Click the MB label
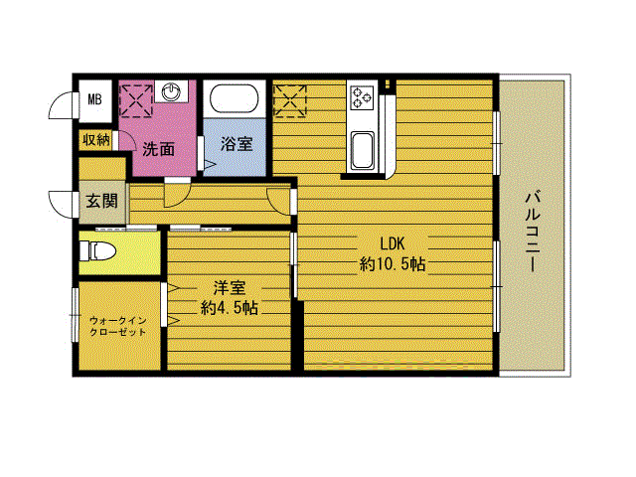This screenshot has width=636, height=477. (95, 99)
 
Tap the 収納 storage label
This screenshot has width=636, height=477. (96, 140)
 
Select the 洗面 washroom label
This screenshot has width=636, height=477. (158, 149)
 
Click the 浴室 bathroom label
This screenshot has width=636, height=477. (237, 144)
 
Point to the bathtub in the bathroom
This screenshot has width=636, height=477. (235, 98)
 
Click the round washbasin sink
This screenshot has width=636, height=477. (170, 91)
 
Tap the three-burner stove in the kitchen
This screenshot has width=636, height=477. (362, 97)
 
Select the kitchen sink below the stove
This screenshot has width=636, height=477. (362, 150)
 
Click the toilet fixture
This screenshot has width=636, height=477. (97, 251)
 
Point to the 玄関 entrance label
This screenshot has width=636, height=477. (101, 201)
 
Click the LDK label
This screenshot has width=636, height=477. (393, 243)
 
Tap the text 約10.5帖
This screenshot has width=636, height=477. (393, 264)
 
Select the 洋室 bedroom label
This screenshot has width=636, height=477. (230, 288)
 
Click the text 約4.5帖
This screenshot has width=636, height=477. (230, 308)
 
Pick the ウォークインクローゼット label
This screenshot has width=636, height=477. (117, 327)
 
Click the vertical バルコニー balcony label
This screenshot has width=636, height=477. (533, 231)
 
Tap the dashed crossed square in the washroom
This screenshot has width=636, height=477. (136, 101)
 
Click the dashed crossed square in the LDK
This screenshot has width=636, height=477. (289, 101)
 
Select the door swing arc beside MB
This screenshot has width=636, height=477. (60, 105)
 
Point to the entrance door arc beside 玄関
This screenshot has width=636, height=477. (60, 205)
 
